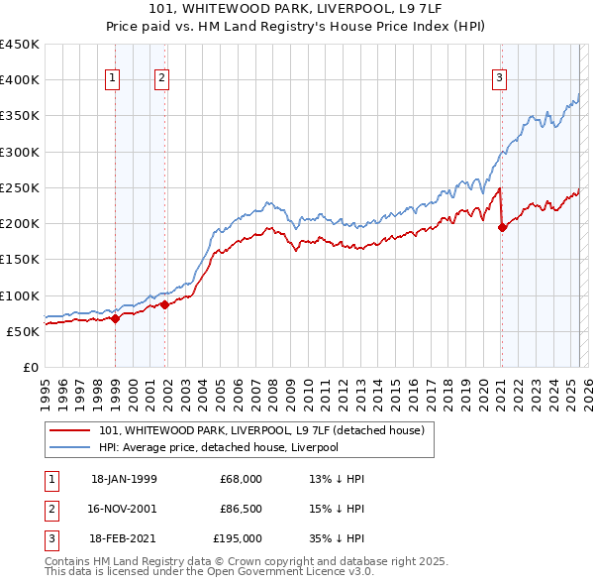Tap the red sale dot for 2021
(502, 227)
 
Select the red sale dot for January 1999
(115, 318)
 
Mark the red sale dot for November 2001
(165, 305)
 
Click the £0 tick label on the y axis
(31, 367)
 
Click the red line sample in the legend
(70, 430)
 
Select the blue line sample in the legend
(70, 447)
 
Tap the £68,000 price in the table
(241, 479)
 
